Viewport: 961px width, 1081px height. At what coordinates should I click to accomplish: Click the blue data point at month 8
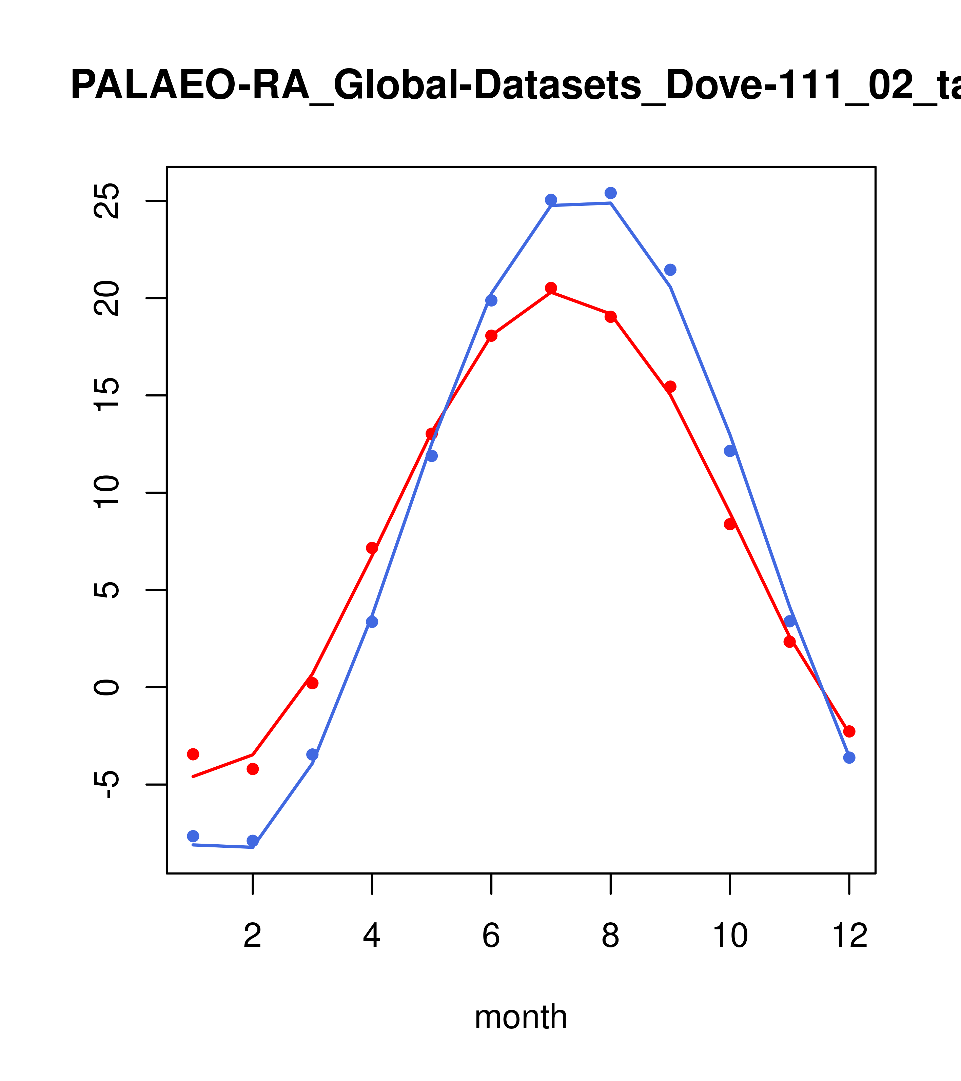[610, 193]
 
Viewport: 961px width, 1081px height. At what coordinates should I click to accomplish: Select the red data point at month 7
[551, 288]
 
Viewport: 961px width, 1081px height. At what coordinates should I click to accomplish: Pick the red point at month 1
[193, 754]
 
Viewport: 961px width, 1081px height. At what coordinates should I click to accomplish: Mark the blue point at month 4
[372, 622]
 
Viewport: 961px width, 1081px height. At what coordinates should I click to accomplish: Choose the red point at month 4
[372, 548]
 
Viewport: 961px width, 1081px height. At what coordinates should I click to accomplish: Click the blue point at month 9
[670, 270]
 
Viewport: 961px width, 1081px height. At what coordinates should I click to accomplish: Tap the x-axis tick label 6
[491, 936]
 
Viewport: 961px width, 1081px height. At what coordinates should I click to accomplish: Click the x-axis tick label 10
[730, 936]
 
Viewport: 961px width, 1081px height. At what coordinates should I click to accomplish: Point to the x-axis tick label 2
[253, 936]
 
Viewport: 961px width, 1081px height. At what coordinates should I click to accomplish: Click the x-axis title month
[521, 1017]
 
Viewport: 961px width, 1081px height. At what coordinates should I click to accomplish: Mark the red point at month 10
[730, 525]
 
